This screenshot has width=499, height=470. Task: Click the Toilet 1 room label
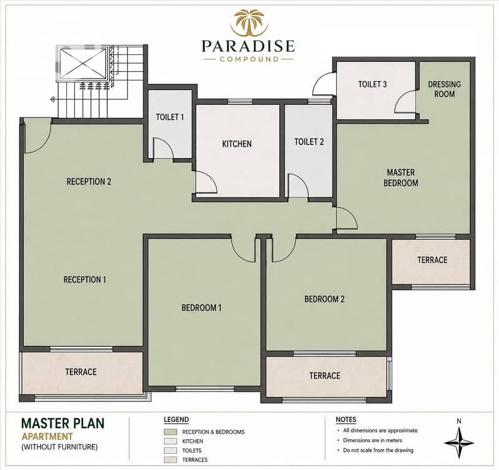tap(170, 117)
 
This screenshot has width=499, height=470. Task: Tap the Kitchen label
tap(237, 144)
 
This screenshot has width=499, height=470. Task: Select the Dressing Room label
tap(444, 89)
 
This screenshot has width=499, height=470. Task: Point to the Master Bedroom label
tap(400, 177)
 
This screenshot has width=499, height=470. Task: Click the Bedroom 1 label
tap(201, 307)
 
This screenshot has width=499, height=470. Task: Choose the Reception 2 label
tap(89, 181)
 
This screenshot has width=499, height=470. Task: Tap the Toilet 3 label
tap(372, 84)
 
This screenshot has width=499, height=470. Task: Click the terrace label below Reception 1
tap(81, 372)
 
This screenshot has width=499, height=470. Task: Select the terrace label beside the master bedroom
tap(432, 260)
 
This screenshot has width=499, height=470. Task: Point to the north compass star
tap(458, 443)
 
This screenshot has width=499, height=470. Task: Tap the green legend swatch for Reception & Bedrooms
tap(170, 432)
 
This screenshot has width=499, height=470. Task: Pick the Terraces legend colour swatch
tap(170, 460)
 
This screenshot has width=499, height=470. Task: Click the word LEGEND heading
tap(177, 419)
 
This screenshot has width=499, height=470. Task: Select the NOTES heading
tap(346, 419)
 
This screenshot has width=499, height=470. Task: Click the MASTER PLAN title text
tap(63, 423)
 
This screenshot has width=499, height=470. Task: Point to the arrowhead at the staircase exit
tap(52, 99)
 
